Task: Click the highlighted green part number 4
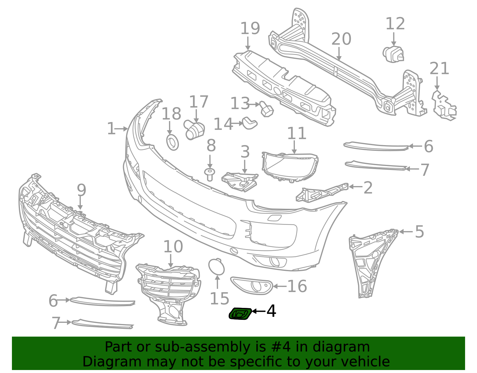point(240,314)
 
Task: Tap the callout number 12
point(395,24)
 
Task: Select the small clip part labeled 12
point(393,54)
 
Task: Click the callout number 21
point(439,68)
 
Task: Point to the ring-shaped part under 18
point(173,142)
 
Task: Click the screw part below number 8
point(210,175)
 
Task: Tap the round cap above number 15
point(216,267)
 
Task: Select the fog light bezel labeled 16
point(252,285)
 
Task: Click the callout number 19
point(250,28)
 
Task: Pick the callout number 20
point(341,39)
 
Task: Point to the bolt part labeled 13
point(267,109)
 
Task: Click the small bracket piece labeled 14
point(250,123)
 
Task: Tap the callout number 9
point(81,190)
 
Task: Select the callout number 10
point(173,246)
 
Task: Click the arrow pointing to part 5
point(406,232)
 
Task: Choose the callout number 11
point(297,133)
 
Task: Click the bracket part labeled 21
point(444,105)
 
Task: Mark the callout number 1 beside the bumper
point(111,129)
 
